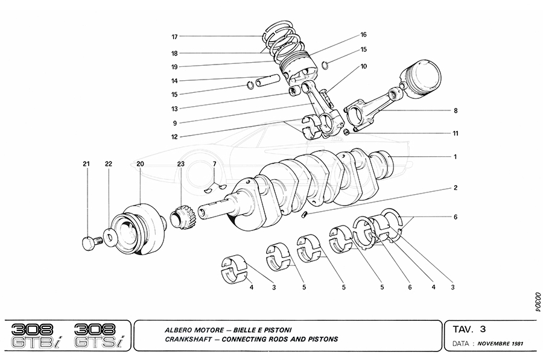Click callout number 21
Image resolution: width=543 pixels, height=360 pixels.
pos(86,164)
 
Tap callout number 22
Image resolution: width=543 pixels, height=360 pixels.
pos(109,164)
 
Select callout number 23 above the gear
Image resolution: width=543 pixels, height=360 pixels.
pos(180,164)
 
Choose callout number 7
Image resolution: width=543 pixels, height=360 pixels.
pos(214,164)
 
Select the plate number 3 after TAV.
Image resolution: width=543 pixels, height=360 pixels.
pos(482,329)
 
